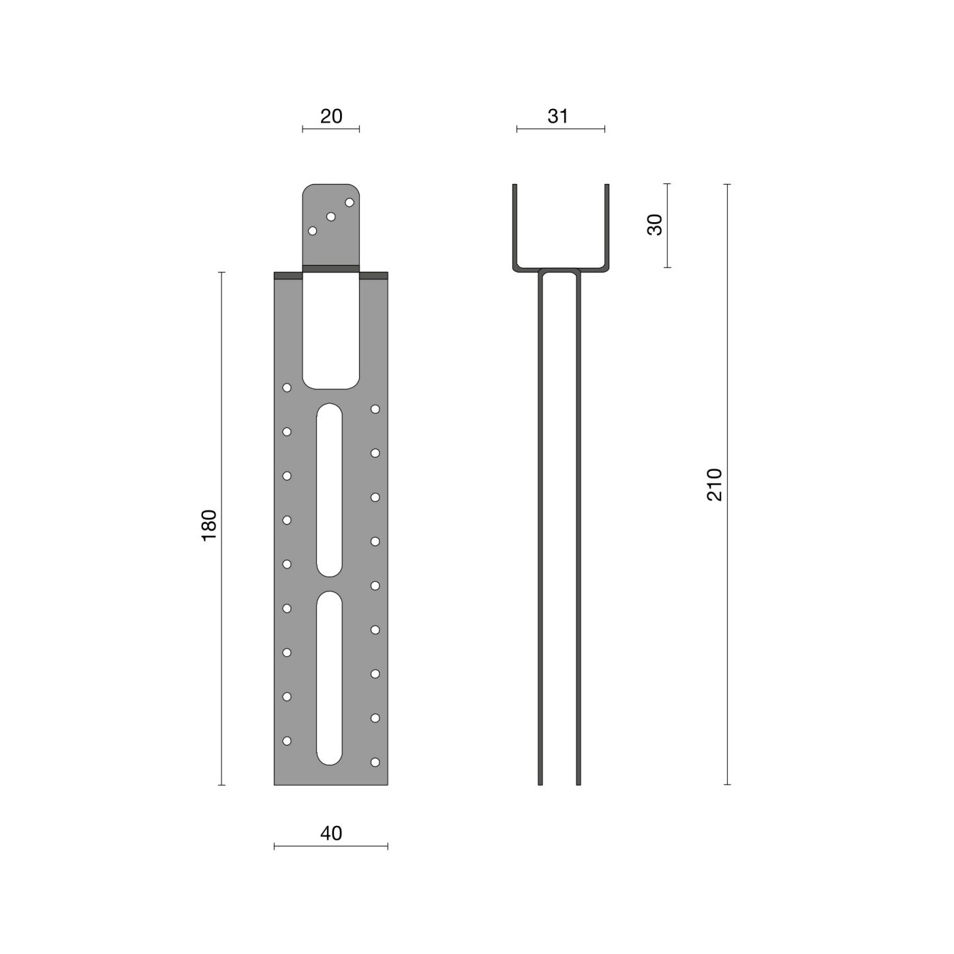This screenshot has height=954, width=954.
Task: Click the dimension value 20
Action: coord(330,117)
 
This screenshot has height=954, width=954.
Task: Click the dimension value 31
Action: coord(557,117)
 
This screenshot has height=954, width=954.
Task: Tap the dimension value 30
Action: coord(654,225)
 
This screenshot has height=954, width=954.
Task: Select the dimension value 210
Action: coord(714,484)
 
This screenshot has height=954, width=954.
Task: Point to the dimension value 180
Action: coord(209,525)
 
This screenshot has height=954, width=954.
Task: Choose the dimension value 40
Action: coord(330,833)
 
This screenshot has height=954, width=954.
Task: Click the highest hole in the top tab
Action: coord(350,202)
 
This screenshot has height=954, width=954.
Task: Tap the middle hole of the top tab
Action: coord(330,217)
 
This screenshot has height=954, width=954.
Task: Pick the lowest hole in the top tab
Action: coord(312,231)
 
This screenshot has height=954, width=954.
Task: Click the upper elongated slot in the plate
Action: coord(329,490)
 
